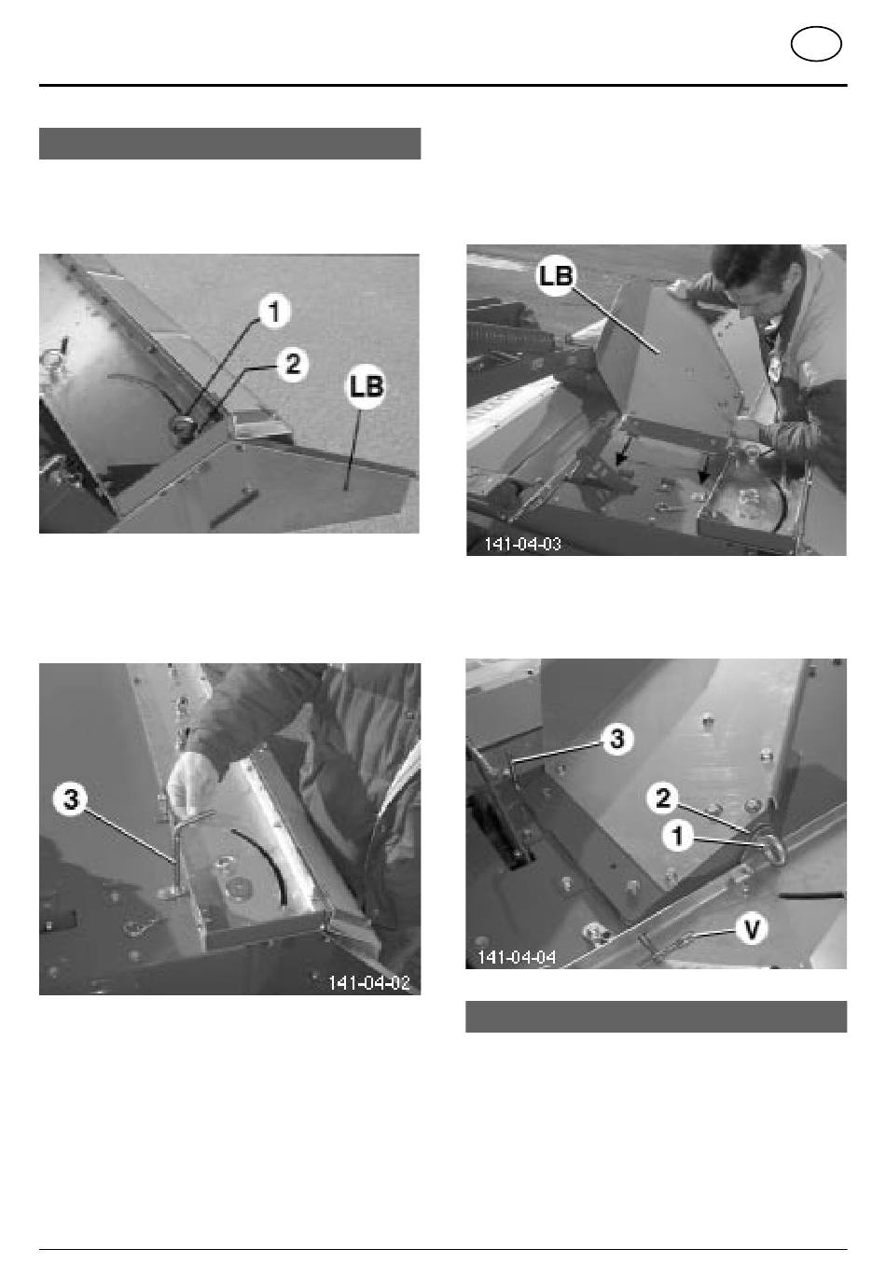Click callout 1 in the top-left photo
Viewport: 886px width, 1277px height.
[x=274, y=312]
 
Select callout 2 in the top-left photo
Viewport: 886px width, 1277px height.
[x=293, y=364]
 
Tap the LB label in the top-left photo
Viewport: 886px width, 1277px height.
[x=366, y=386]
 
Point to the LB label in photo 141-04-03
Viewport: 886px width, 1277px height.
[x=556, y=276]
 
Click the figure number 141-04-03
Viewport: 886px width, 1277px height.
[x=522, y=543]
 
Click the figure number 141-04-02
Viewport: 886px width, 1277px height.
[x=369, y=983]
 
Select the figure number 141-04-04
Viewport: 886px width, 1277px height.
[x=517, y=957]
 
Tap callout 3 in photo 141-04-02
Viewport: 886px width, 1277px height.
[x=71, y=799]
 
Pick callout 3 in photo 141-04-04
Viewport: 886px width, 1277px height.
[x=617, y=740]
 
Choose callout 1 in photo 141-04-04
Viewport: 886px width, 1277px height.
[x=678, y=837]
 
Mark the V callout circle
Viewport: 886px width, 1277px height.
[x=752, y=929]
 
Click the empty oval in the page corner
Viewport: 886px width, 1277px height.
[x=816, y=44]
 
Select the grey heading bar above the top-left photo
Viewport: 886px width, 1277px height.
[x=229, y=144]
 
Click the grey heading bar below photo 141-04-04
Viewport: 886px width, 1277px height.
[x=657, y=1016]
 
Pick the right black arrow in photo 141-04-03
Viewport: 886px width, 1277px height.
[x=705, y=470]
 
